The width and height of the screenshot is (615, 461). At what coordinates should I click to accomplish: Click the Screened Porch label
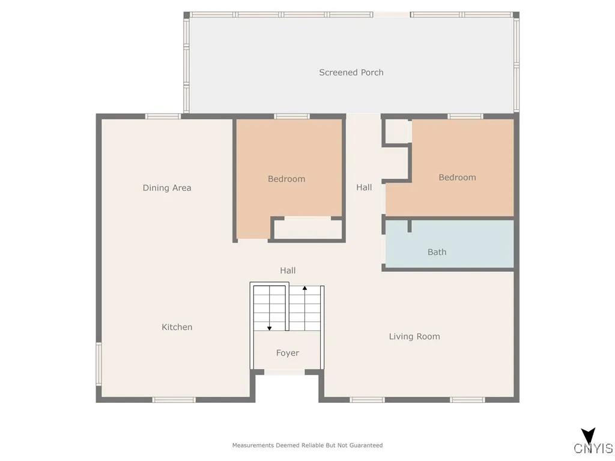(351, 73)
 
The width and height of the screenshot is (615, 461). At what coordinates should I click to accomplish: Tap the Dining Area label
(167, 188)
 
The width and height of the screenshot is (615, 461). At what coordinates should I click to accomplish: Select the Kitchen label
(177, 327)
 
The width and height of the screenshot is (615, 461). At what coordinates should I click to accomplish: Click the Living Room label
(414, 337)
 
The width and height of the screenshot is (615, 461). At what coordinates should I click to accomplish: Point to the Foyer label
(287, 353)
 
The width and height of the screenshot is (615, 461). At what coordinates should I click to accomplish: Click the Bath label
(437, 252)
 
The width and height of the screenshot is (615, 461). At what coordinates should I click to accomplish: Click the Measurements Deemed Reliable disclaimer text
(307, 445)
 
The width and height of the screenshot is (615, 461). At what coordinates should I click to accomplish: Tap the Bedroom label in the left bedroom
(286, 179)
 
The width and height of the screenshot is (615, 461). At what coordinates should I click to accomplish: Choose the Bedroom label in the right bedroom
(457, 178)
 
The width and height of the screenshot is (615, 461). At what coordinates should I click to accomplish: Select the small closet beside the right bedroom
(396, 131)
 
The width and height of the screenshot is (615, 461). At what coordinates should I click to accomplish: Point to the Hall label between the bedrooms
(364, 187)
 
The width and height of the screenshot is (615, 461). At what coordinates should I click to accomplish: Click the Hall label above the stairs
(288, 271)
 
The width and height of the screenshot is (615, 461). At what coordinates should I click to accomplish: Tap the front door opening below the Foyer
(284, 372)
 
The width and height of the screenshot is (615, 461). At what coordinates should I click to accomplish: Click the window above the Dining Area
(163, 116)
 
